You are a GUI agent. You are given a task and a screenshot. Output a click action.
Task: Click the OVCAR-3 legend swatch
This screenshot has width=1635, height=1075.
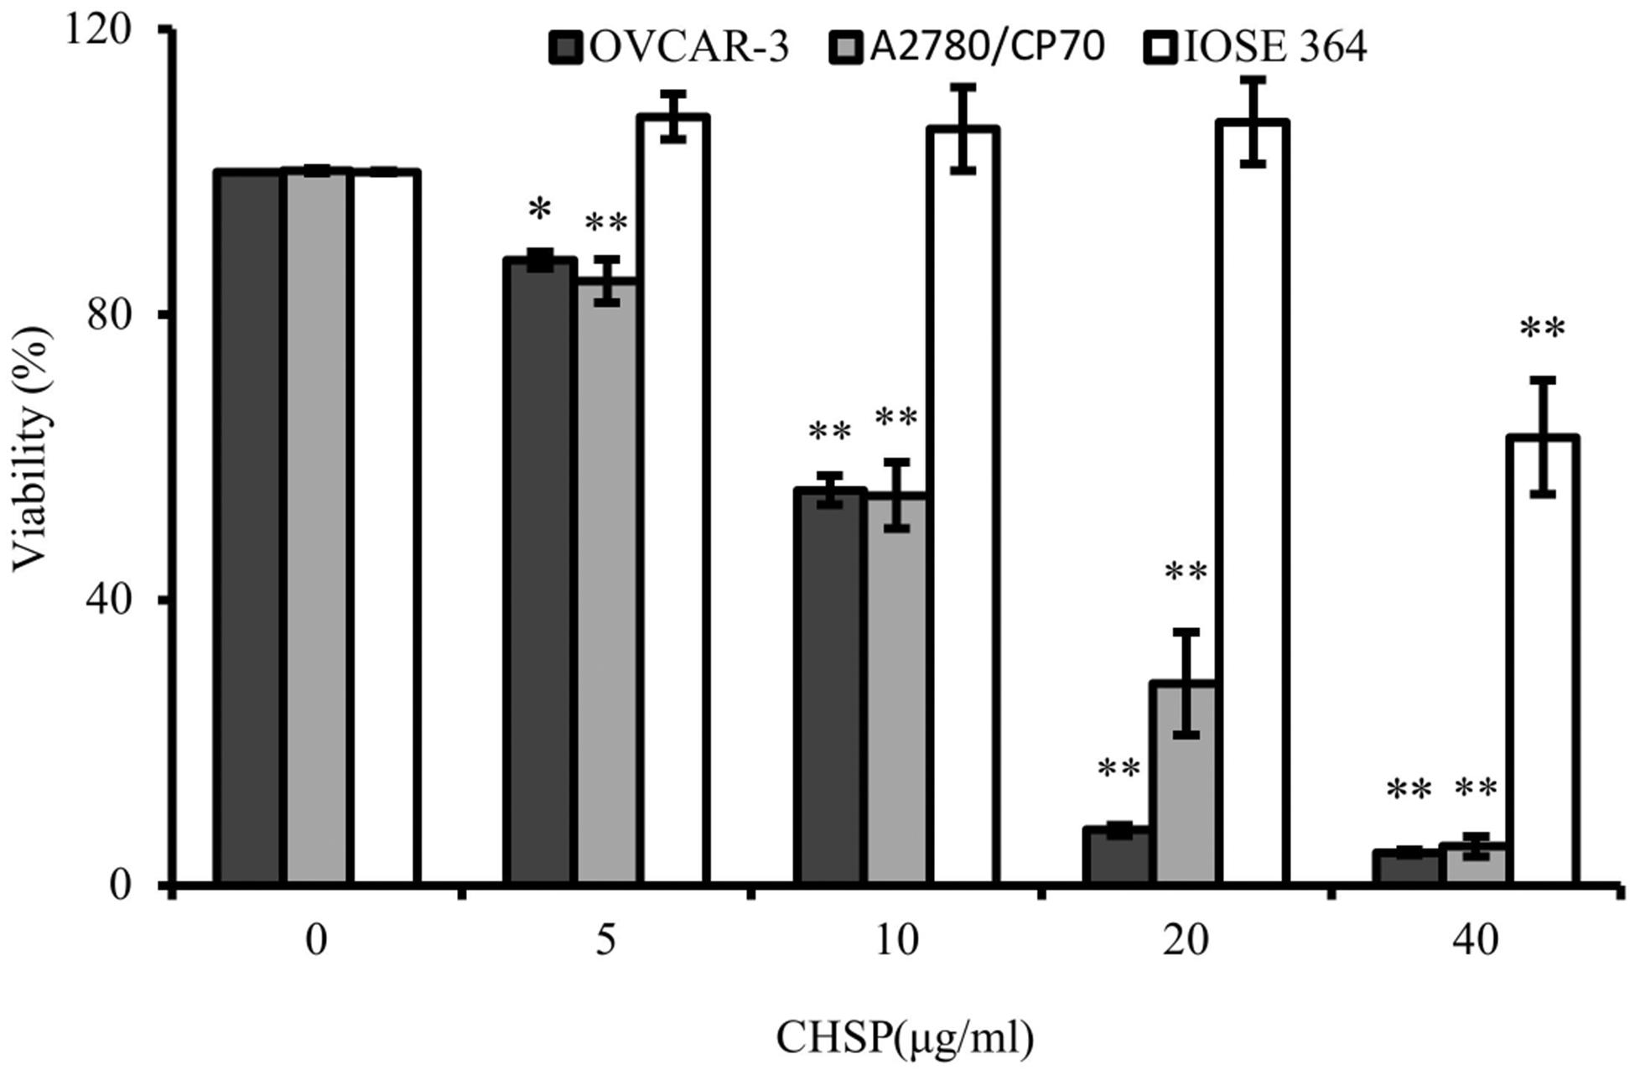click(567, 48)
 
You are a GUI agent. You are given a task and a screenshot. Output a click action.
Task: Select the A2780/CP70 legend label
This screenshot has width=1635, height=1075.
click(987, 46)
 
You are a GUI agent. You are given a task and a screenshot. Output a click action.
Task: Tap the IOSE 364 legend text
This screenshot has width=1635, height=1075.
click(1275, 46)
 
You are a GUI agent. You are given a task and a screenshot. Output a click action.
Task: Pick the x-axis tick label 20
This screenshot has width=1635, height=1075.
click(1186, 941)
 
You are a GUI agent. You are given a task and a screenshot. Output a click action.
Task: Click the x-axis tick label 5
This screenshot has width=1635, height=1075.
click(605, 941)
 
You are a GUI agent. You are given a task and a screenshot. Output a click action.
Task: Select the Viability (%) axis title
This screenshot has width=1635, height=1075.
click(32, 449)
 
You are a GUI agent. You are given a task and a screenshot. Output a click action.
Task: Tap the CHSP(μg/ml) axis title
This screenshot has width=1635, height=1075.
click(905, 1038)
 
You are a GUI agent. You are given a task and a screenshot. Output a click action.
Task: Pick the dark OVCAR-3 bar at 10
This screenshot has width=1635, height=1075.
click(829, 688)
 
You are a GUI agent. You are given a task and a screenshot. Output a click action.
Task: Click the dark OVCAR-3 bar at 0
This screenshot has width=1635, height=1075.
click(248, 528)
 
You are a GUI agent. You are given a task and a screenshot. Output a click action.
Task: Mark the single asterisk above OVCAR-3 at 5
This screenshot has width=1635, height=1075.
click(539, 210)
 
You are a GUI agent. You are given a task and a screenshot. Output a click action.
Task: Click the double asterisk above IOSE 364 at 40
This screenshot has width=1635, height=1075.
click(1542, 330)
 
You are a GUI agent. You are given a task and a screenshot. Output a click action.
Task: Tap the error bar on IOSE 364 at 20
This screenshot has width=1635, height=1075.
click(1253, 122)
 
